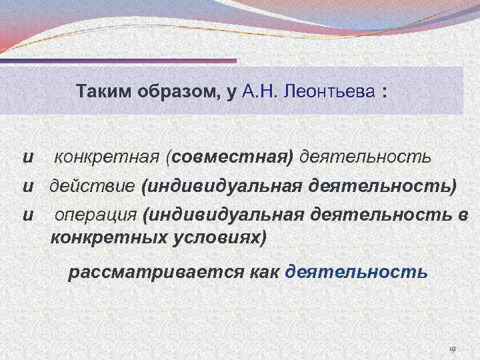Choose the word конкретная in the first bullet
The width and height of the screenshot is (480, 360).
point(110,158)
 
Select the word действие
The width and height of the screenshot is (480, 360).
point(93,187)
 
